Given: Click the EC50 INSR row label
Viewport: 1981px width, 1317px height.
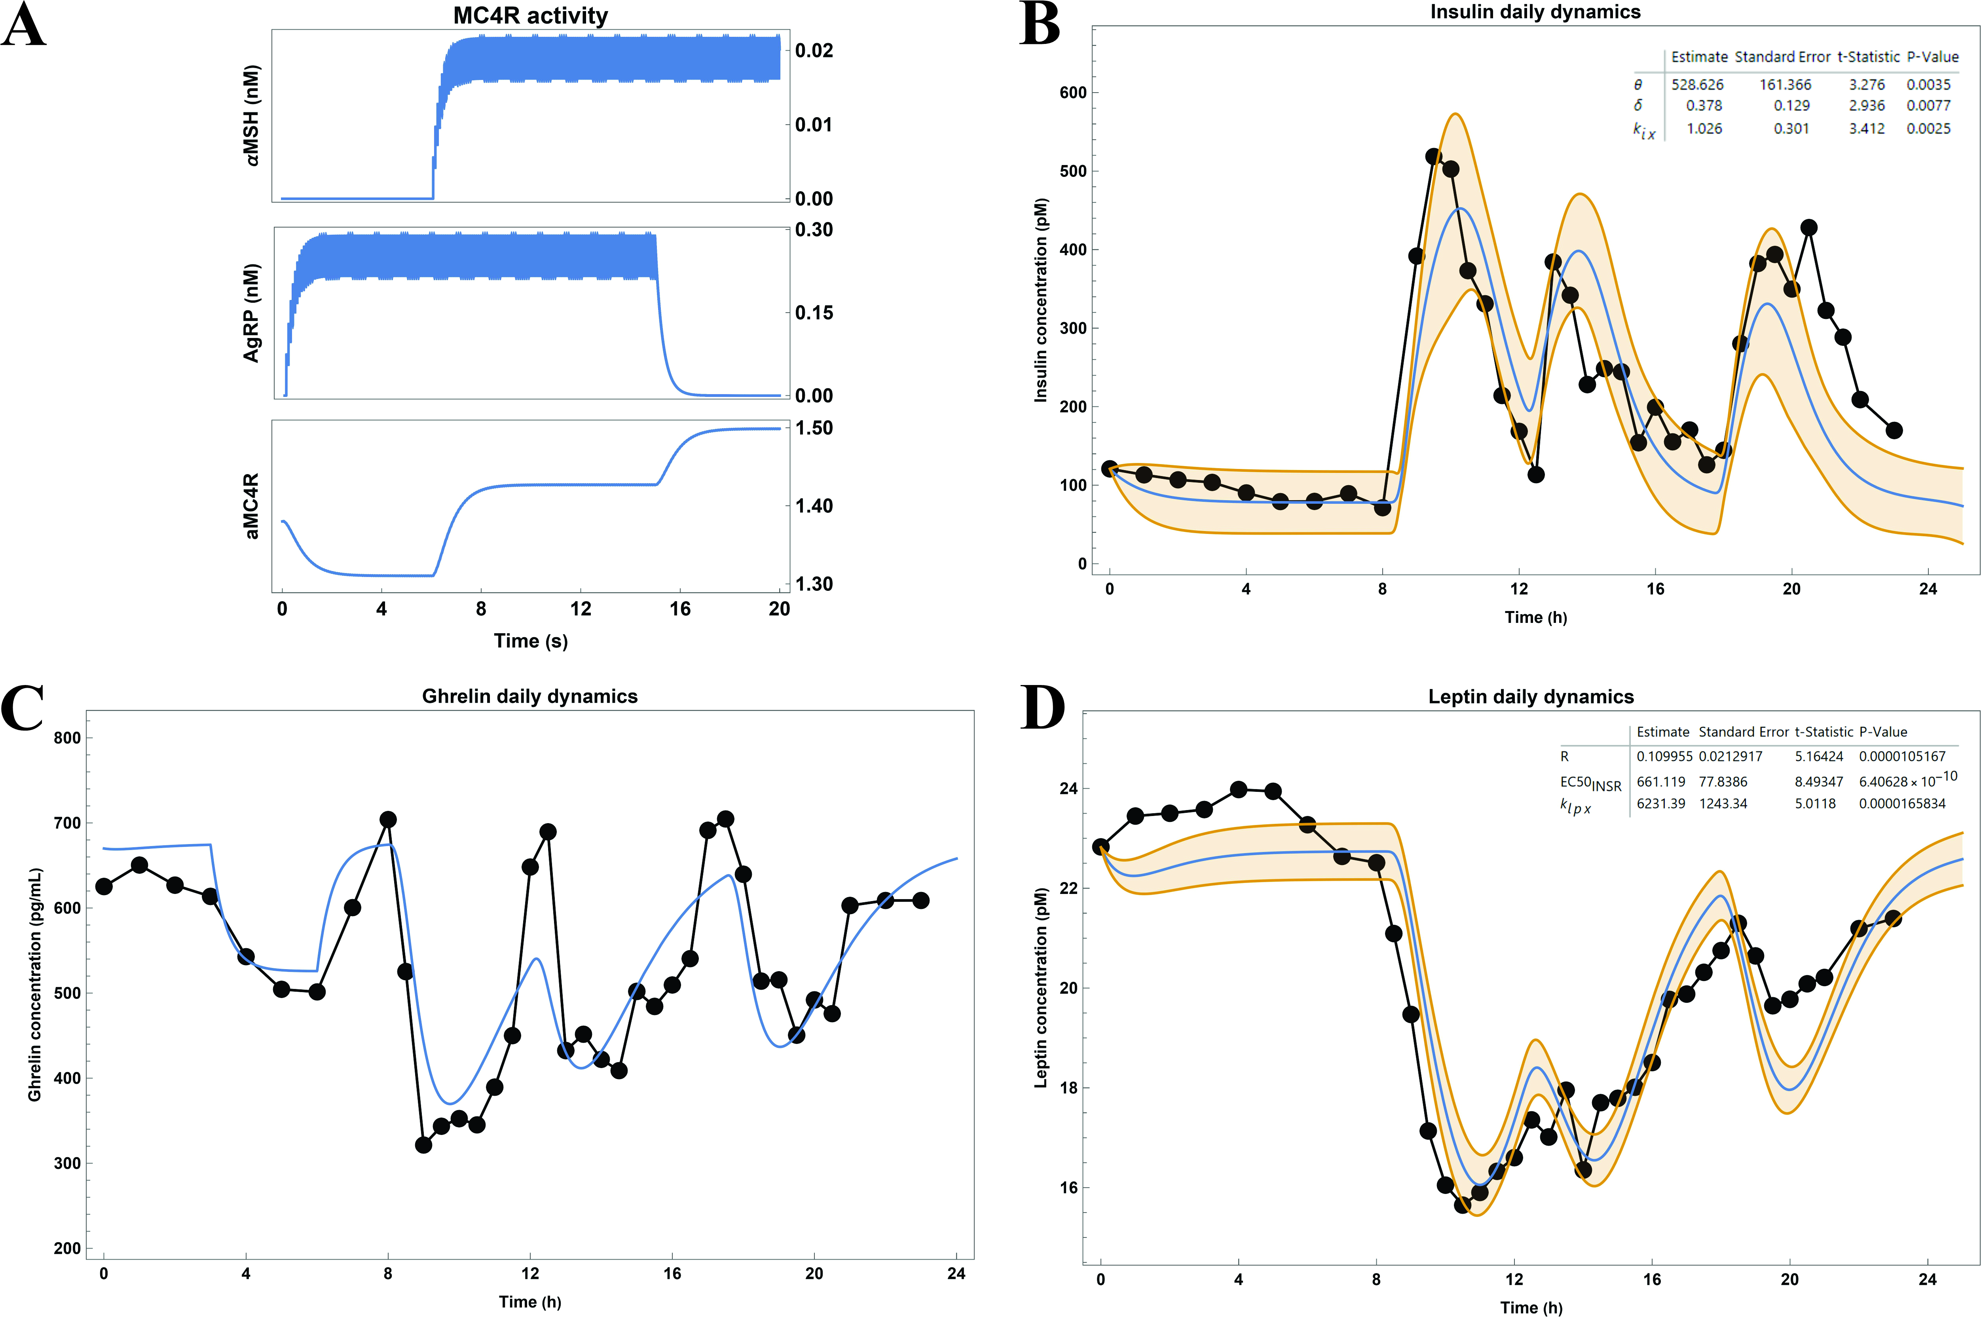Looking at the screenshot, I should point(1590,784).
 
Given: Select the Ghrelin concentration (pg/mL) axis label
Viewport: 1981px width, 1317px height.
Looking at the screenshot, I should point(34,985).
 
